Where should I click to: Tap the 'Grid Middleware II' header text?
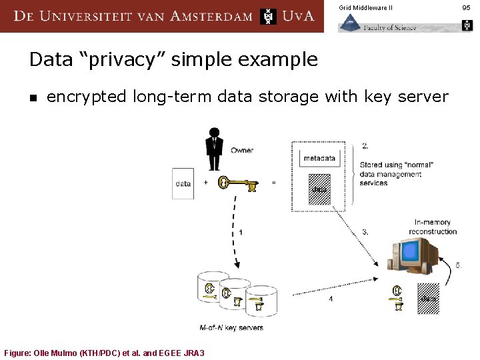coord(365,7)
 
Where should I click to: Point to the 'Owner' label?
coord(242,150)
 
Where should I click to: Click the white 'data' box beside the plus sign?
coord(183,183)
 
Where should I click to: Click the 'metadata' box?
coord(319,158)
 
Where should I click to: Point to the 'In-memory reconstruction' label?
coord(433,227)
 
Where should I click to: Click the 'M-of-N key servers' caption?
coord(231,327)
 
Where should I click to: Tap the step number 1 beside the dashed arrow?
coord(241,232)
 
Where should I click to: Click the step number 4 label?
coord(331,299)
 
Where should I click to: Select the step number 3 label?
coord(365,232)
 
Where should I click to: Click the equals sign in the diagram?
coord(274,182)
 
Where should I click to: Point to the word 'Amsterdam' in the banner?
coord(211,15)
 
